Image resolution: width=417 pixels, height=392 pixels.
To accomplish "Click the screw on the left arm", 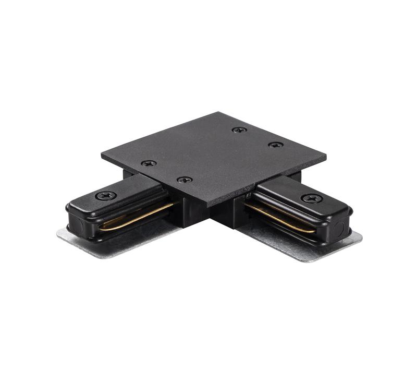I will (x=106, y=195).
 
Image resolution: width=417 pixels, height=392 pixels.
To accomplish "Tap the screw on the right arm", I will (x=312, y=198).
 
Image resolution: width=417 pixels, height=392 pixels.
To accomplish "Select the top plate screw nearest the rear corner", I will (x=239, y=129).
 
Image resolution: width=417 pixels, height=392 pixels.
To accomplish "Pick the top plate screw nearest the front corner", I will (x=185, y=180).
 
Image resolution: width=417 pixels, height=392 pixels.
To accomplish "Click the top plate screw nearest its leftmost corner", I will (x=149, y=163).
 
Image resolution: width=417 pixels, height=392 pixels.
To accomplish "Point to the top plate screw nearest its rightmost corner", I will (x=276, y=145).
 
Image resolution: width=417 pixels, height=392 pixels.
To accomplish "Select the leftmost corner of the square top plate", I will (x=102, y=154).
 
